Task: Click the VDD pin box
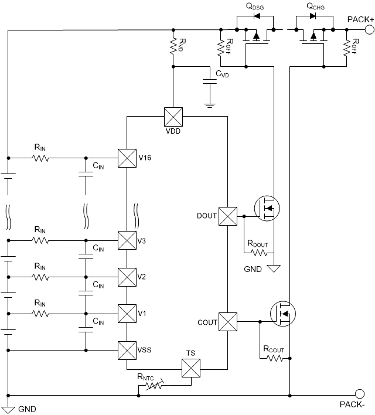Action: tap(173, 117)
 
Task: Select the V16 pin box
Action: tap(127, 158)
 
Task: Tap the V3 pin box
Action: tap(127, 240)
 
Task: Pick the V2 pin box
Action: tap(127, 277)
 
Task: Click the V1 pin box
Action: tap(127, 314)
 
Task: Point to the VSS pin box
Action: tap(127, 351)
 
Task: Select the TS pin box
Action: tap(191, 369)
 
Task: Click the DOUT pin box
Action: tap(227, 216)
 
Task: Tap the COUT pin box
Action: tap(227, 321)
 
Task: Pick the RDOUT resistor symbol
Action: tap(258, 253)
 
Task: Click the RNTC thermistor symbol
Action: tap(154, 387)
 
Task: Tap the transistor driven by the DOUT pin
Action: tap(267, 208)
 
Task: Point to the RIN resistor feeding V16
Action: tap(40, 158)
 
